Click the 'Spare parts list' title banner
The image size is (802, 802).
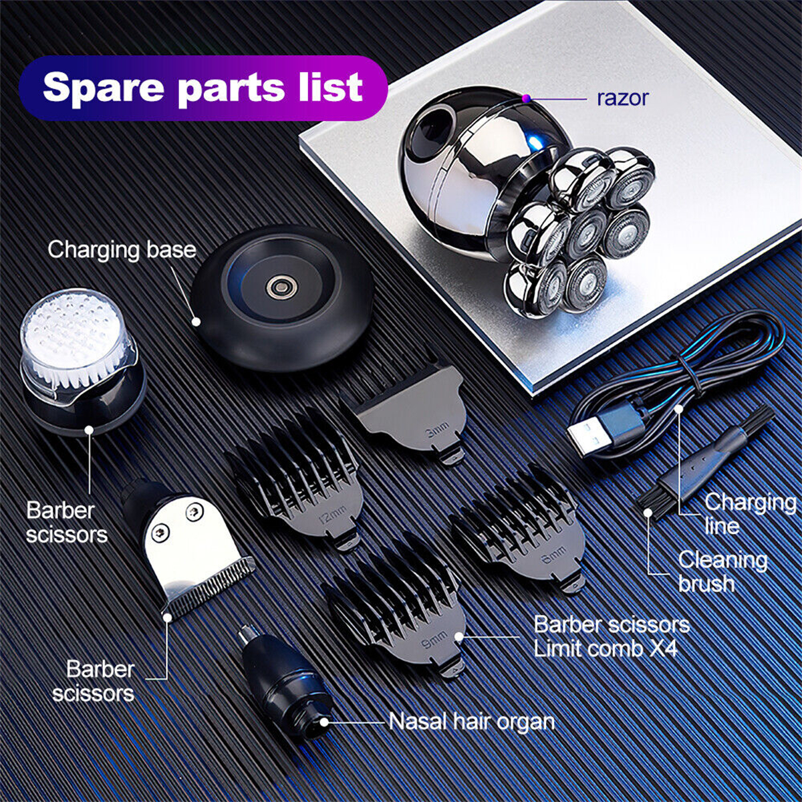pyautogui.click(x=203, y=88)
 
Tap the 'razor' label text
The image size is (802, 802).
pyautogui.click(x=623, y=98)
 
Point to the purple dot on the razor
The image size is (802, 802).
pyautogui.click(x=527, y=98)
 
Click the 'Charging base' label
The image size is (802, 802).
pyautogui.click(x=122, y=250)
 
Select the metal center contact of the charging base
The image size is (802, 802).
pyautogui.click(x=282, y=286)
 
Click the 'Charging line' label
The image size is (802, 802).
pyautogui.click(x=750, y=513)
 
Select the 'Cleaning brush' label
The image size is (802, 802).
pyautogui.click(x=723, y=571)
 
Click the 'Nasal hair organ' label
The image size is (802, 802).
pyautogui.click(x=472, y=722)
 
